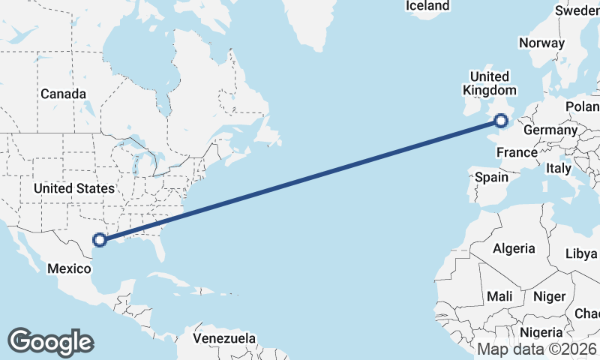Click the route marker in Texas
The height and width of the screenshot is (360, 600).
100,240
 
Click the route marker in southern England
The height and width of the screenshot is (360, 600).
502,119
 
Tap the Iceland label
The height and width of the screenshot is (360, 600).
427,6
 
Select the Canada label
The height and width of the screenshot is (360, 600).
63,94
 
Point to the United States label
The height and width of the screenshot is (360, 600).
73,188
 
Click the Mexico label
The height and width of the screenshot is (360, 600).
69,268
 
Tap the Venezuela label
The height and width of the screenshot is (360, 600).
224,339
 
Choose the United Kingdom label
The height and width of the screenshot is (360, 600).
489,83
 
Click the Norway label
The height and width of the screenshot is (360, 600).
541,43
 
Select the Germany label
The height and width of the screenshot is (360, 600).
550,130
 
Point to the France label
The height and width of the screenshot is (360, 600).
517,153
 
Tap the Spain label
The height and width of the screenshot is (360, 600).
491,178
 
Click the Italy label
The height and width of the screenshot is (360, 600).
559,169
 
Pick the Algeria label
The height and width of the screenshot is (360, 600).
514,248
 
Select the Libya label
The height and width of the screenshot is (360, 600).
582,253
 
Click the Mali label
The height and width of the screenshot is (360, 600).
499,297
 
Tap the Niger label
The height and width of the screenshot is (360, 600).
550,297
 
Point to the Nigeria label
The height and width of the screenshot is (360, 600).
541,331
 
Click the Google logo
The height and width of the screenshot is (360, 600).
50,342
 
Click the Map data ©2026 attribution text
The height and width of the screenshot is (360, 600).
538,349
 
